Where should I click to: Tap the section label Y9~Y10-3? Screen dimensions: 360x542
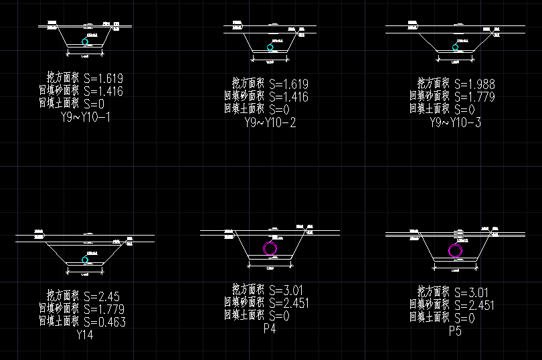[x=455, y=122]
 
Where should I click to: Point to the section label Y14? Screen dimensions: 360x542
[x=85, y=335]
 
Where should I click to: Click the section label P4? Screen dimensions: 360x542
[x=270, y=329]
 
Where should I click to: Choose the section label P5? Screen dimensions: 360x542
[x=455, y=331]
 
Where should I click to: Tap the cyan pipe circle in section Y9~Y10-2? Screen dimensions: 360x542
[x=270, y=48]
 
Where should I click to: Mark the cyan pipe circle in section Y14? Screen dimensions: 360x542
[x=84, y=260]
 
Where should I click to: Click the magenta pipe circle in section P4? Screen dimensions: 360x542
[x=270, y=249]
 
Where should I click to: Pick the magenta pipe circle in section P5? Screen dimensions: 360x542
[x=456, y=251]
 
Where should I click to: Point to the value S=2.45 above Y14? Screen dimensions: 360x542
[x=101, y=295]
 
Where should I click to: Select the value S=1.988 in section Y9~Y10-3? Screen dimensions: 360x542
[x=474, y=84]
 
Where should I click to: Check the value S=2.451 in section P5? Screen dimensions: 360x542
[x=474, y=305]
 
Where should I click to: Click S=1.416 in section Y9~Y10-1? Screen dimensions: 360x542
[x=104, y=91]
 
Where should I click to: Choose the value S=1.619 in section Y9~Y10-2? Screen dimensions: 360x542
[x=288, y=84]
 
